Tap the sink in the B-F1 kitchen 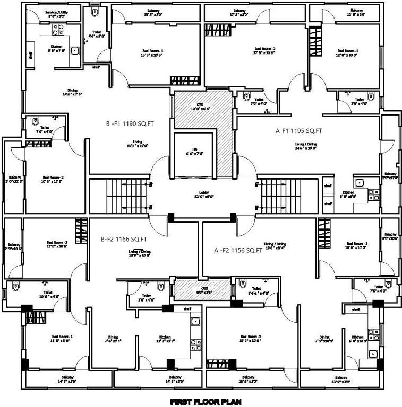[x=75, y=51]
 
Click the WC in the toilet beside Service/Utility [x=95, y=12]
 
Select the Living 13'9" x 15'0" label [x=137, y=145]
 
